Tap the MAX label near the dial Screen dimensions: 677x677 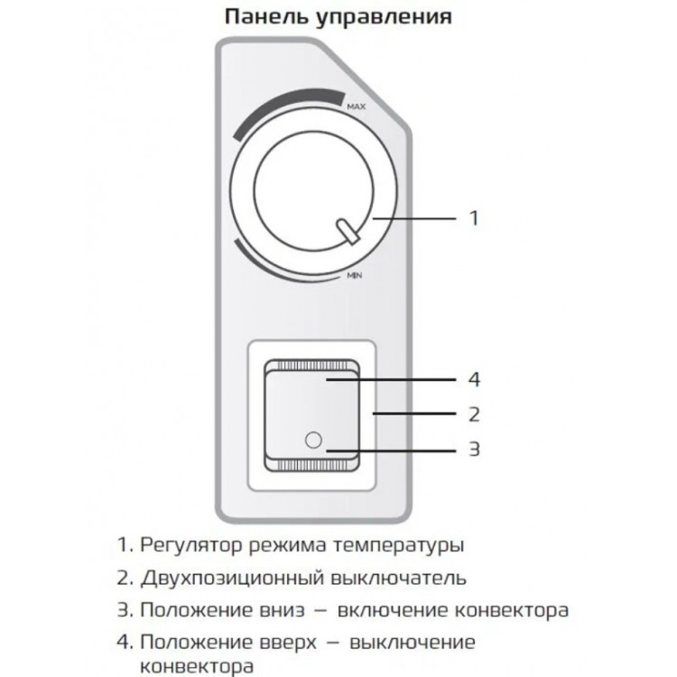click(356, 107)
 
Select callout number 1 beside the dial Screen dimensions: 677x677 click(474, 218)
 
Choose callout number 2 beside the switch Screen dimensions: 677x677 click(474, 415)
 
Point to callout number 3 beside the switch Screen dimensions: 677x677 click(474, 450)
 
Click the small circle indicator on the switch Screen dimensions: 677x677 click(313, 441)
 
